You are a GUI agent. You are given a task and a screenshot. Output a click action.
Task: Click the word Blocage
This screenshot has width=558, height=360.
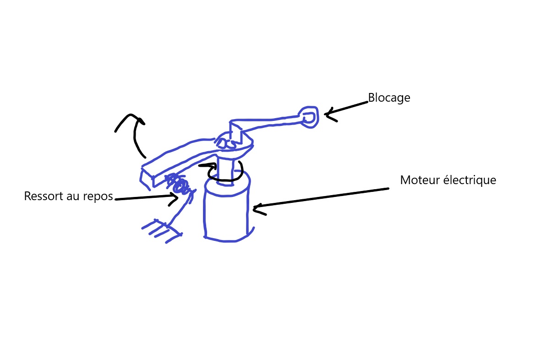389,98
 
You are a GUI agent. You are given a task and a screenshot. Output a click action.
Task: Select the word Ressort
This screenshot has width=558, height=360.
44,196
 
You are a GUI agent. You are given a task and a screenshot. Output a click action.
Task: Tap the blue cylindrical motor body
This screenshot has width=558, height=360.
226,213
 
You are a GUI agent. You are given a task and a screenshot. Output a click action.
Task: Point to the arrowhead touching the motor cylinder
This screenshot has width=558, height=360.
257,209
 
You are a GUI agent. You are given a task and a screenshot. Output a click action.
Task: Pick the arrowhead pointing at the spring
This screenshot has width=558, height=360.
175,197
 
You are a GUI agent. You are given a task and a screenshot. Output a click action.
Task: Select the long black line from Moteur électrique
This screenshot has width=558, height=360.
321,198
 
